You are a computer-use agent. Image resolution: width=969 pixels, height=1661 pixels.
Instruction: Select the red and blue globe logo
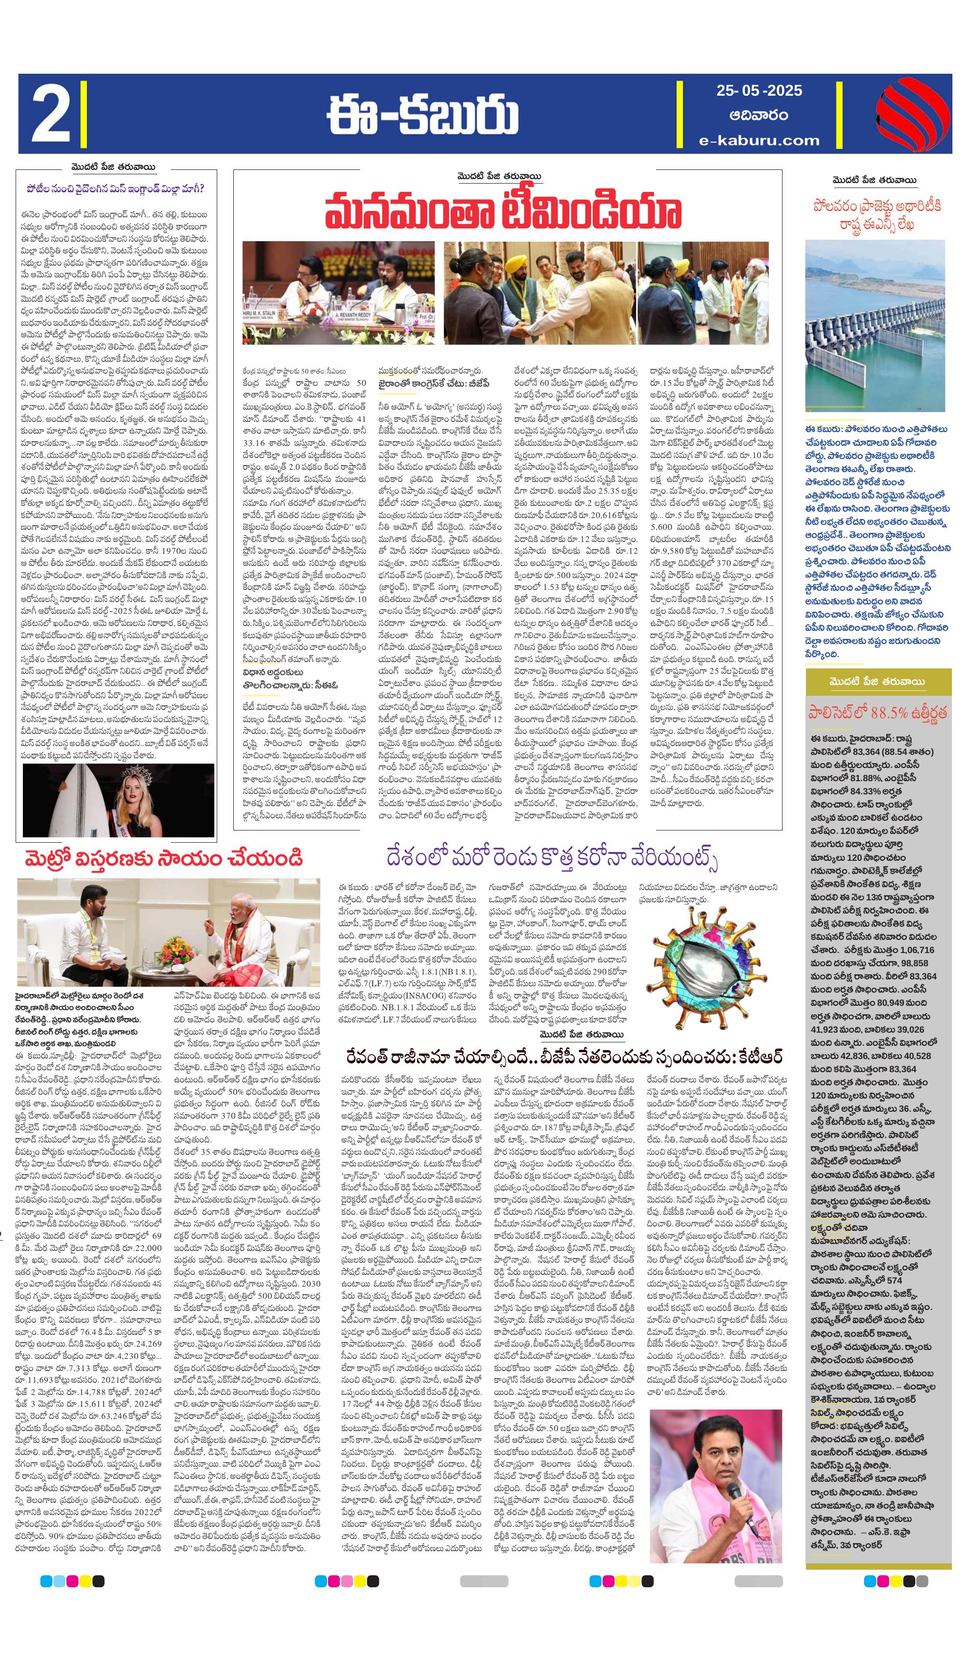tap(912, 113)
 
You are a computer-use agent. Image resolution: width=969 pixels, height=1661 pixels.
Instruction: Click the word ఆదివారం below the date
tap(759, 115)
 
